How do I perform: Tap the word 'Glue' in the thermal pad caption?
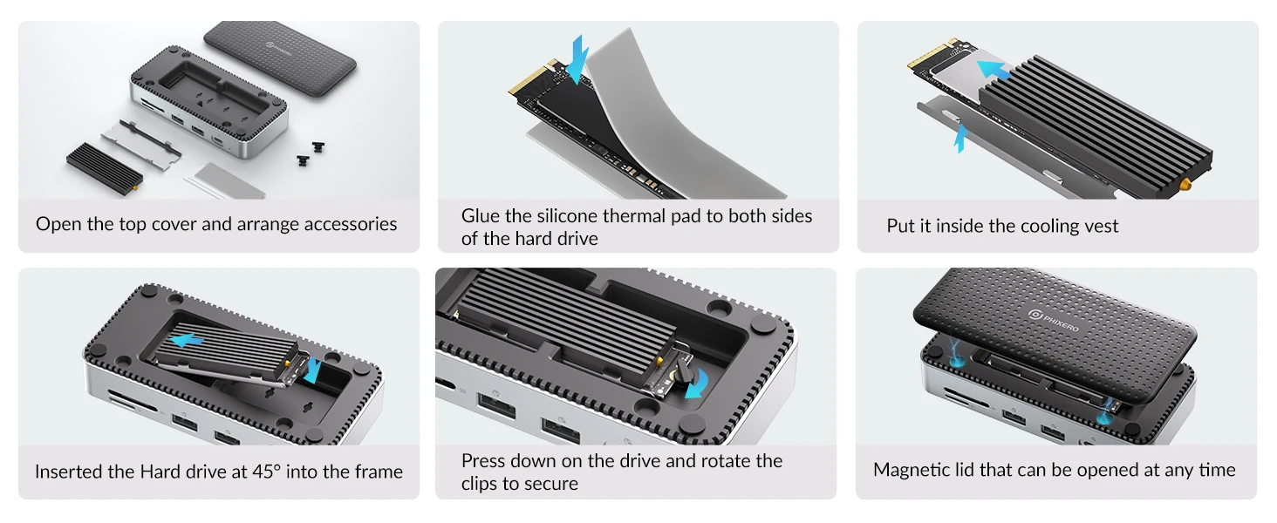point(481,216)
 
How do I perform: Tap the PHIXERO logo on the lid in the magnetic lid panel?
point(1054,321)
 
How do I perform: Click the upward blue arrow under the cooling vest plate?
point(961,138)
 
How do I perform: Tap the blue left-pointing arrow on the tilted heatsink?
point(187,341)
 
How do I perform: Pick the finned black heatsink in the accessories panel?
point(105,168)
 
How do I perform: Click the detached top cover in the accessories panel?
point(280,58)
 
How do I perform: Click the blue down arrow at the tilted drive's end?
point(313,370)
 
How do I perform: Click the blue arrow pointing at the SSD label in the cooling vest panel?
point(994,71)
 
